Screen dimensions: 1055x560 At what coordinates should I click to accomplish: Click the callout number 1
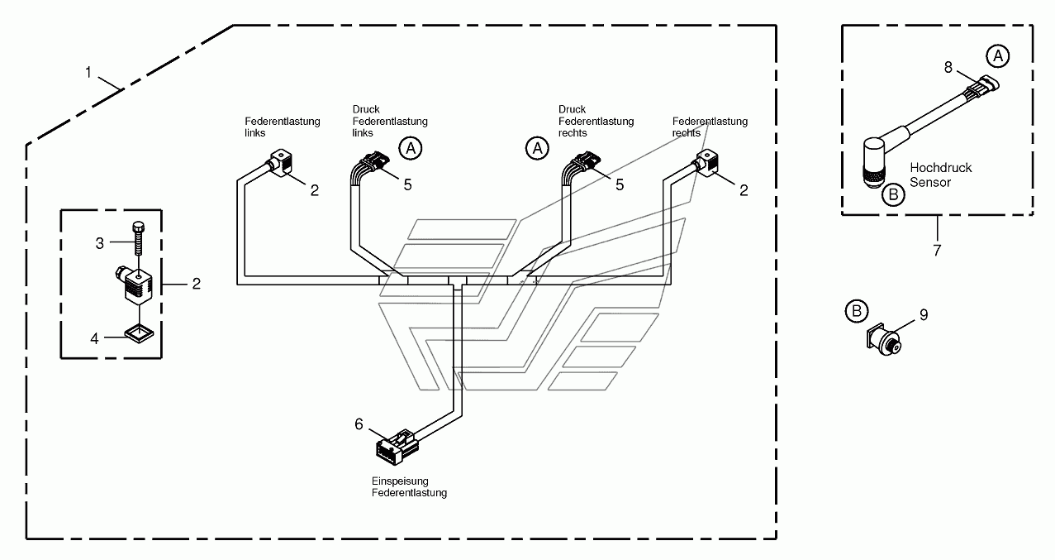(x=88, y=73)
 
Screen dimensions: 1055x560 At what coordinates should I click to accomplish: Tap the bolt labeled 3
(x=139, y=238)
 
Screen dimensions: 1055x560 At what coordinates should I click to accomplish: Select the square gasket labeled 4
(x=139, y=334)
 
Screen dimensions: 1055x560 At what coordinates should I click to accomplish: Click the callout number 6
(x=359, y=424)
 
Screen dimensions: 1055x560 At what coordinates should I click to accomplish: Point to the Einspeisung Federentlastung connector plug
(x=397, y=447)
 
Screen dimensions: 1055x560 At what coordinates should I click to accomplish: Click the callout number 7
(x=937, y=251)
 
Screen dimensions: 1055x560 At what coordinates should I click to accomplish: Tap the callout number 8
(x=948, y=67)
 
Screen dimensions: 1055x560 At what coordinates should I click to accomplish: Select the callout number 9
(x=924, y=314)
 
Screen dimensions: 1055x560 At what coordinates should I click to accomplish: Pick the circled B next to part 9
(x=857, y=311)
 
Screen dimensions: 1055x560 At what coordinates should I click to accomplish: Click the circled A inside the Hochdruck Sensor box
(x=997, y=56)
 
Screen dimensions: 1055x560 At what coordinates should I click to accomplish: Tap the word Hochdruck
(x=940, y=168)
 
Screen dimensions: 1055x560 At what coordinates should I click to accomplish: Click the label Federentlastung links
(x=282, y=127)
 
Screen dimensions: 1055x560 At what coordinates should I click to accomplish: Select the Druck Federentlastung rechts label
(x=596, y=121)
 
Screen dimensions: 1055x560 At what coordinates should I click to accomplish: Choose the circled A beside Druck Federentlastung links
(x=411, y=149)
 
